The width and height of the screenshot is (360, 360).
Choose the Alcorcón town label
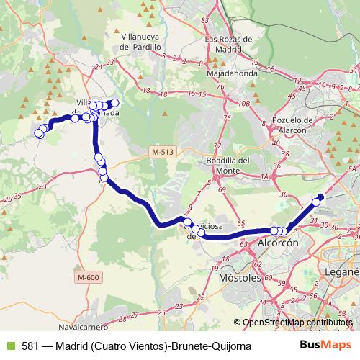tap(277, 244)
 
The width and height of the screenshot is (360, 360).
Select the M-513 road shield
tap(163, 151)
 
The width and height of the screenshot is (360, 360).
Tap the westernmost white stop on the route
tap(38, 132)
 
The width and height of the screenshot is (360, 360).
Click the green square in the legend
tap(9, 346)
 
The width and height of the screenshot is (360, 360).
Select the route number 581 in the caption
tap(30, 346)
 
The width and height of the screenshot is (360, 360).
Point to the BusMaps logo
tap(320, 345)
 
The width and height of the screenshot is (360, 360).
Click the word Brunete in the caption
tap(185, 346)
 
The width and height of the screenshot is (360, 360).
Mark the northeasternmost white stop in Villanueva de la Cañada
tap(114, 102)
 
